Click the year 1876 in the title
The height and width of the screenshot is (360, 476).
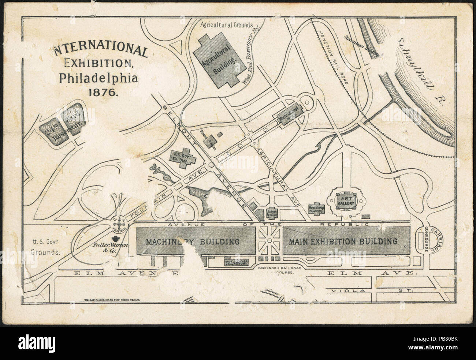(x=103, y=92)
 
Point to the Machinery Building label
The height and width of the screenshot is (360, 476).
(x=193, y=242)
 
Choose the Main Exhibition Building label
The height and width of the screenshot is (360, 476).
(x=343, y=241)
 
